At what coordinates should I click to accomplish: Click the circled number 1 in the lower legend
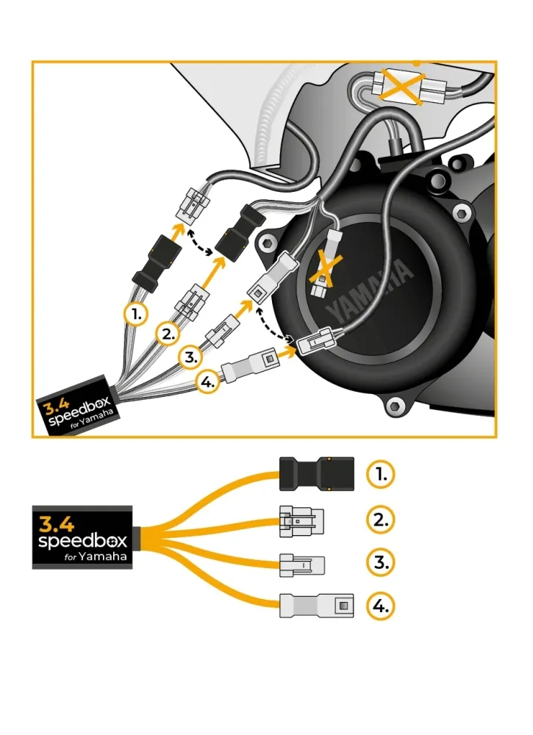click(x=381, y=474)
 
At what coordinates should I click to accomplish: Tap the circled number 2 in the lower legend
click(x=381, y=520)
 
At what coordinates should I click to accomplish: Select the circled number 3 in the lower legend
click(x=381, y=562)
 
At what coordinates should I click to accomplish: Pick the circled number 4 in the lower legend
click(x=381, y=606)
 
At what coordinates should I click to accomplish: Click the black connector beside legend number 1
click(x=316, y=474)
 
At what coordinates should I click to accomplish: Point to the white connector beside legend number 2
click(x=301, y=521)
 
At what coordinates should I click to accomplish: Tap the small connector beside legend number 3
click(x=301, y=564)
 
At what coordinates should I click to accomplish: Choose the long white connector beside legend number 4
click(x=316, y=606)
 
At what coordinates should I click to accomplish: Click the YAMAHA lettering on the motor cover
click(x=369, y=290)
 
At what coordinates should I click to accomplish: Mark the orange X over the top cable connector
click(x=401, y=86)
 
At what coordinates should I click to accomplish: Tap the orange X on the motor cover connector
click(x=326, y=269)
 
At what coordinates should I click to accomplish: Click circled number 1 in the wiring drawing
click(x=136, y=314)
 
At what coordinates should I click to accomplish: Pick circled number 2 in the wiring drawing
click(x=168, y=334)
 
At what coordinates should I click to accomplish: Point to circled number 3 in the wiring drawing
click(x=191, y=357)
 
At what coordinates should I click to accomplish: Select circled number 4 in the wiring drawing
click(x=207, y=382)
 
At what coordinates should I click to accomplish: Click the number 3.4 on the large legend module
click(x=57, y=523)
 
